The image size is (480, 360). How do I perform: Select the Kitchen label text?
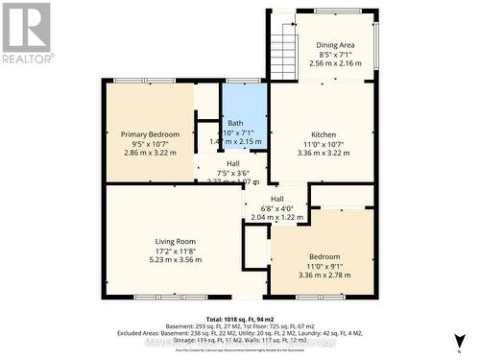pyautogui.click(x=324, y=133)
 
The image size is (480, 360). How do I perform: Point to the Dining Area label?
pyautogui.click(x=336, y=44)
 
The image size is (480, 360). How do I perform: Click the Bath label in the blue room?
pyautogui.click(x=235, y=123)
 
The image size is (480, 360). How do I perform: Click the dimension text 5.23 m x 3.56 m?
pyautogui.click(x=176, y=259)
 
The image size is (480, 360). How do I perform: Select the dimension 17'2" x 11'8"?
pyautogui.click(x=176, y=251)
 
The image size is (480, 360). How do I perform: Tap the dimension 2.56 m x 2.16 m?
pyautogui.click(x=336, y=62)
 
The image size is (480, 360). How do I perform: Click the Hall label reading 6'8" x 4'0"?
pyautogui.click(x=276, y=199)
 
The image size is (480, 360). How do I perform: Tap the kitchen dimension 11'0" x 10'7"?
pyautogui.click(x=324, y=143)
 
